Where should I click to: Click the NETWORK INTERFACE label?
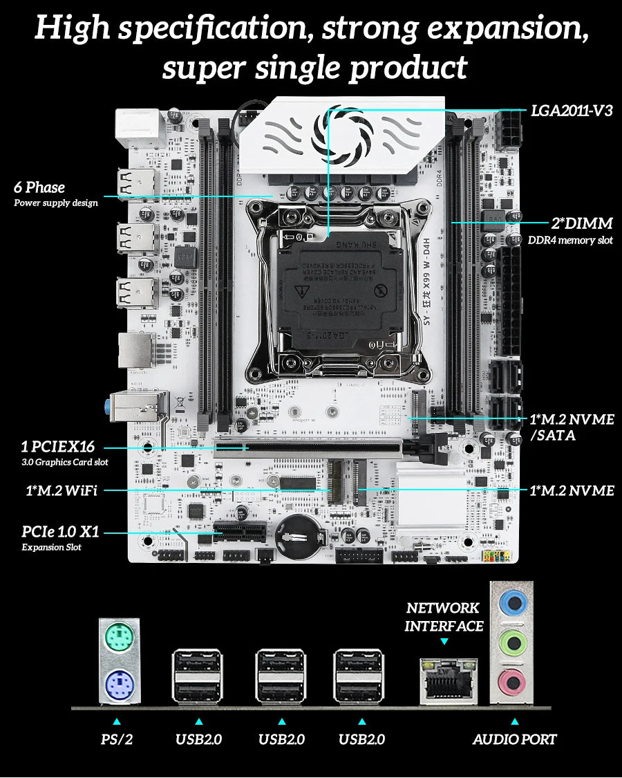click(x=444, y=617)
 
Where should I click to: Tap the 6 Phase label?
click(x=39, y=187)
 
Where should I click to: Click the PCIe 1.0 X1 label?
click(x=61, y=532)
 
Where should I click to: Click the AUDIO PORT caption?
click(x=514, y=739)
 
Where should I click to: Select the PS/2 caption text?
click(x=116, y=739)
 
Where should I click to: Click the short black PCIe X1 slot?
click(x=240, y=533)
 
